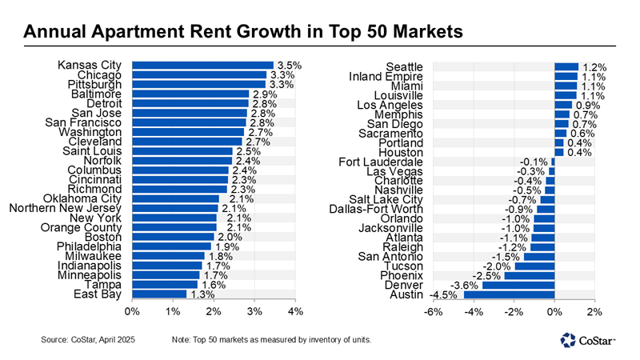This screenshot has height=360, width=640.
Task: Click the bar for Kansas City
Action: click(x=202, y=65)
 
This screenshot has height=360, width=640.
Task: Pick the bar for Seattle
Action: click(x=566, y=66)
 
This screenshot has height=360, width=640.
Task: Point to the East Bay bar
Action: click(x=158, y=294)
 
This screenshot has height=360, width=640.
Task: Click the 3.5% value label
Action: click(x=286, y=65)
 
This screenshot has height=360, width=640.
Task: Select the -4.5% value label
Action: click(x=444, y=294)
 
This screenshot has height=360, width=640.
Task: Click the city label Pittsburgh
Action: click(x=91, y=84)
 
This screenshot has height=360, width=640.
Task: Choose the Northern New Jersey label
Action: click(x=65, y=208)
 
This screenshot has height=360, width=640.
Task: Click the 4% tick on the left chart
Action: click(x=295, y=311)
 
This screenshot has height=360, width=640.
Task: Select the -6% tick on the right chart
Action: click(x=433, y=311)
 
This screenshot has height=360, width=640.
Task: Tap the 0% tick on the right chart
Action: click(x=554, y=311)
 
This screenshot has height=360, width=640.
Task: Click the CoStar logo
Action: click(x=588, y=341)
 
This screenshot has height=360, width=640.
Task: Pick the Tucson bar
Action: click(x=534, y=266)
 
